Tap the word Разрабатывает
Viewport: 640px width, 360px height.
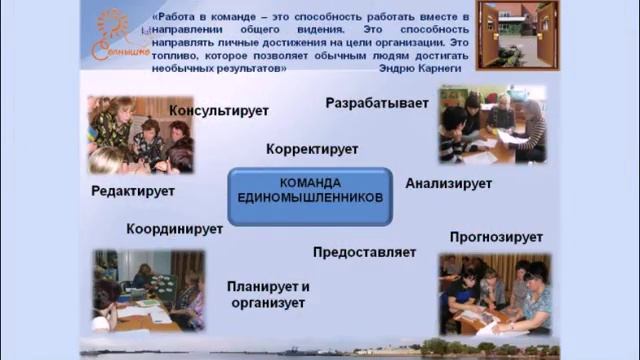click(377, 103)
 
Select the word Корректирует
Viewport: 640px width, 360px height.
click(312, 149)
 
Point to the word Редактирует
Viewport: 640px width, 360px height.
click(133, 191)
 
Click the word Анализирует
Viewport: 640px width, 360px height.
click(449, 184)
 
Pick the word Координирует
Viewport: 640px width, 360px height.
click(174, 229)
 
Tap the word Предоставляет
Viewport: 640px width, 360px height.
click(364, 252)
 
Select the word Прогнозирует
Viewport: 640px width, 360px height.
click(496, 237)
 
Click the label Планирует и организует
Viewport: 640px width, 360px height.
click(269, 294)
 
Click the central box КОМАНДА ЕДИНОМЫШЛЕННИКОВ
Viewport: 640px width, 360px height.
click(311, 191)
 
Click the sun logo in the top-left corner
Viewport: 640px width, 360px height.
click(113, 37)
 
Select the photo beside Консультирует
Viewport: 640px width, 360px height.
click(140, 134)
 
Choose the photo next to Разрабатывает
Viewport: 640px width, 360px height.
click(492, 124)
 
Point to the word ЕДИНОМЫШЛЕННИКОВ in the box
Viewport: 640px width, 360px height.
click(311, 198)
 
